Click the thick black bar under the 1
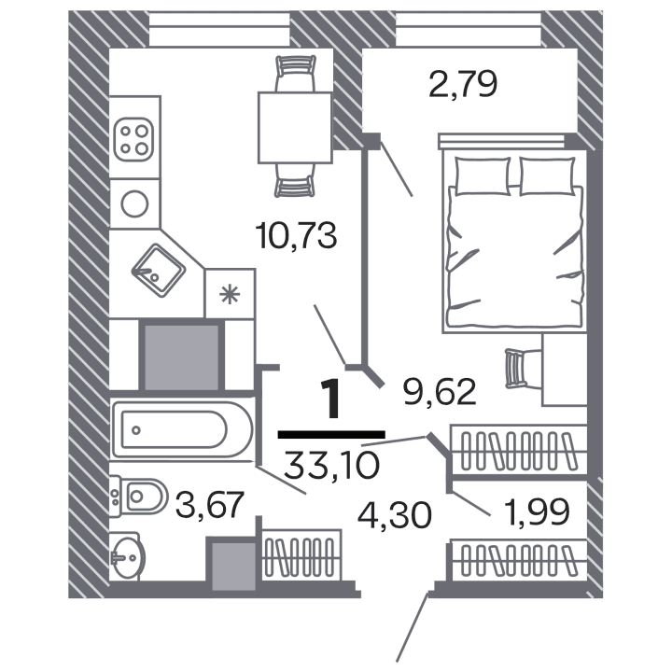click(331, 434)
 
